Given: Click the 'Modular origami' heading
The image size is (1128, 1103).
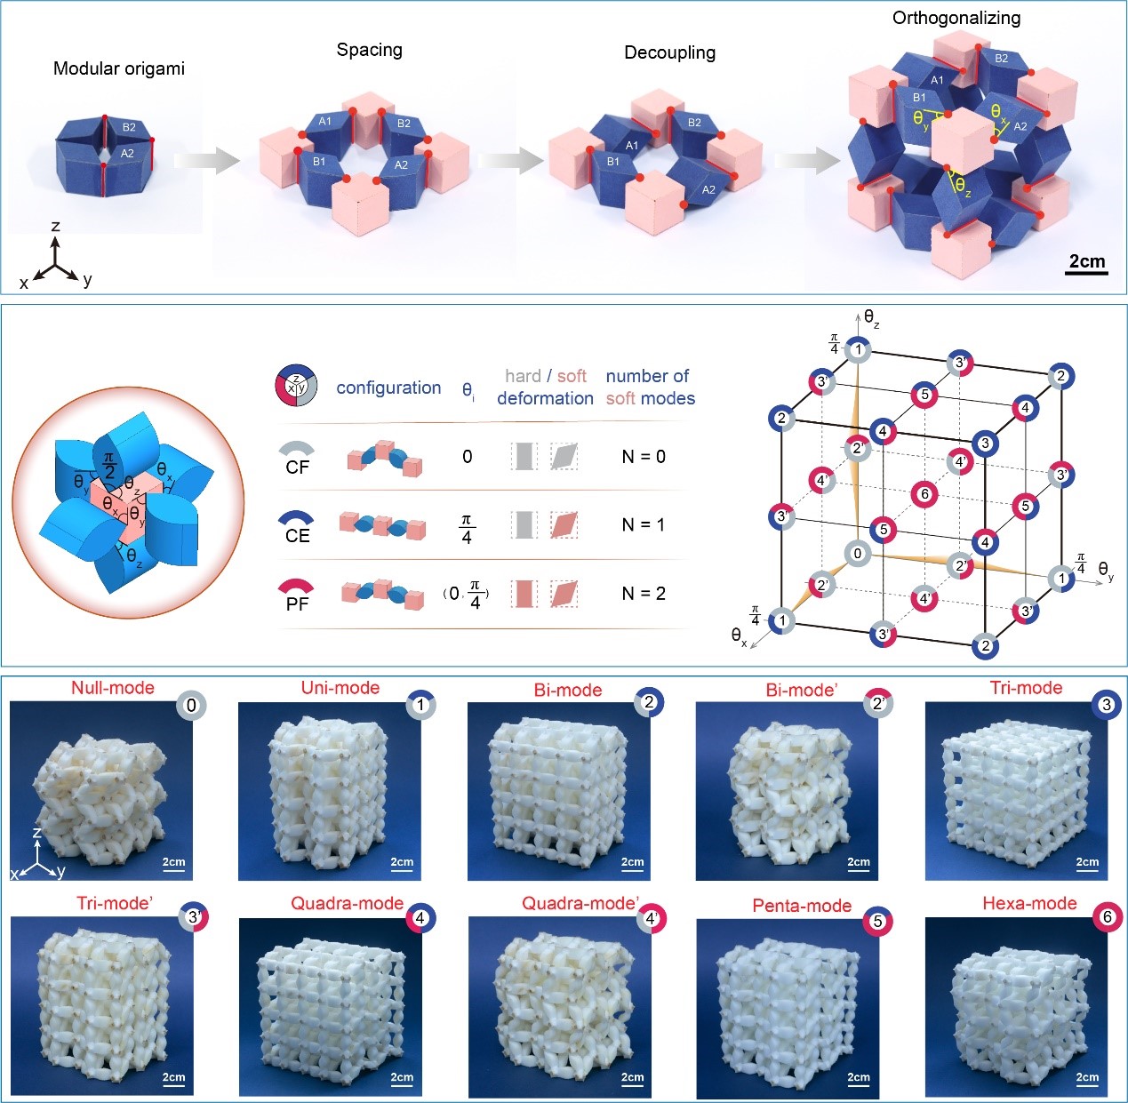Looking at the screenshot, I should click(x=119, y=68).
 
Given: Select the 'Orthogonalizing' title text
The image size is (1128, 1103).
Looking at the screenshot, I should click(x=956, y=18).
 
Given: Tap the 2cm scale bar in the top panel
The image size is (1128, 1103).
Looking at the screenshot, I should click(x=1086, y=262).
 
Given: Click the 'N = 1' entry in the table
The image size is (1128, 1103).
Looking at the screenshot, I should click(x=643, y=524).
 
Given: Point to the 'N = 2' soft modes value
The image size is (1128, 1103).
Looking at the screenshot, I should click(x=643, y=593).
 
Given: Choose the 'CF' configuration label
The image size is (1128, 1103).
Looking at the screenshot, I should click(x=297, y=467).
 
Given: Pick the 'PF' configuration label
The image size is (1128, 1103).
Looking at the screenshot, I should click(x=297, y=603).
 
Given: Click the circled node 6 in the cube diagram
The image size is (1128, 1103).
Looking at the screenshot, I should click(x=924, y=494).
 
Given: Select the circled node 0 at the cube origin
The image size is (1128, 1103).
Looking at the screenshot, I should click(x=857, y=553).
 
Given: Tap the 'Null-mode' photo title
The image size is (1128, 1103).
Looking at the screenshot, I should click(x=113, y=688).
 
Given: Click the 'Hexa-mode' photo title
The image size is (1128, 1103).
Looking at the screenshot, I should click(x=1029, y=903).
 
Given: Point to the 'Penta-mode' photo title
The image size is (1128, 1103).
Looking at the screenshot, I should click(x=802, y=906).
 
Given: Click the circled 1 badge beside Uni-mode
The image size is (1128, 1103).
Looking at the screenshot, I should click(x=421, y=706).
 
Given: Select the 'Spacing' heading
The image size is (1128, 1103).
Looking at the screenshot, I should click(x=369, y=50).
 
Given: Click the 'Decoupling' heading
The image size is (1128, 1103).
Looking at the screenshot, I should click(x=669, y=52).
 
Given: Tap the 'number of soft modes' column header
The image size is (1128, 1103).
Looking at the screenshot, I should click(x=650, y=388).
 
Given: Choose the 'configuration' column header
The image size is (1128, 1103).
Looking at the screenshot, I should click(x=388, y=388).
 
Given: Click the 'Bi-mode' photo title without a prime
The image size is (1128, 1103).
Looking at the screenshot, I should click(x=568, y=690).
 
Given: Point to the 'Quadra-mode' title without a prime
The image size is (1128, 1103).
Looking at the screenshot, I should click(x=347, y=903).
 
